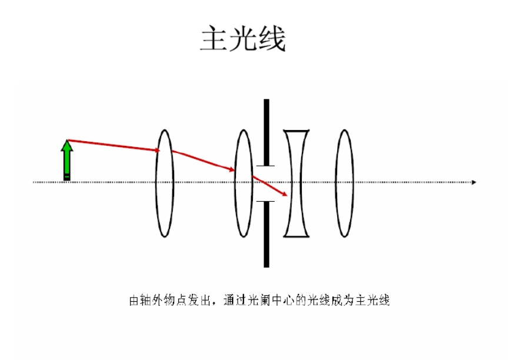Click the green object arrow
point(68,160)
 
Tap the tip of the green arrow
point(68,141)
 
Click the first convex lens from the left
point(165,183)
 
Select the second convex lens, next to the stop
point(243,183)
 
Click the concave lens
point(297,183)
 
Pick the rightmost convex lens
point(345,183)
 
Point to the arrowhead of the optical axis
point(474,182)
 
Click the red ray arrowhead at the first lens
point(157,151)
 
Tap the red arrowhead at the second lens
point(232,170)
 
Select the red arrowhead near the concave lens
point(285,195)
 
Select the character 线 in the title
point(271,39)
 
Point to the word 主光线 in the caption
point(376,301)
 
